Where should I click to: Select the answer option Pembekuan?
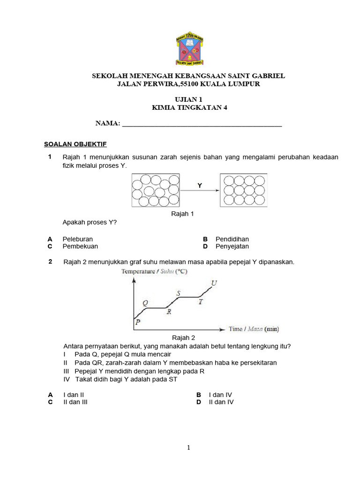click(80, 246)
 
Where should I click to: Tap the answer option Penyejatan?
click(232, 246)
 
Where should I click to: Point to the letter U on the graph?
click(214, 283)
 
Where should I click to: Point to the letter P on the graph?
click(137, 322)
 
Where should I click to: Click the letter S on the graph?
click(178, 293)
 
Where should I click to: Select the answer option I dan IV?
click(220, 395)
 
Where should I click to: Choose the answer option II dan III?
click(75, 402)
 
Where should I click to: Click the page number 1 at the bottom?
click(189, 448)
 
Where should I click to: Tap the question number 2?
click(50, 262)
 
